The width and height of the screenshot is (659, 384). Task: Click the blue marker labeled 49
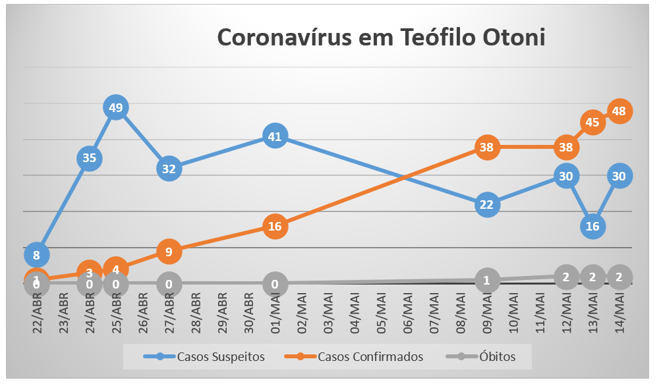click(116, 107)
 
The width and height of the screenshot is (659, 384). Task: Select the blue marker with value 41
click(275, 136)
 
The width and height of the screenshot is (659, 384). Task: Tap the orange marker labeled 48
click(619, 111)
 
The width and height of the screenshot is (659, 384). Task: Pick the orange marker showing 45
click(592, 122)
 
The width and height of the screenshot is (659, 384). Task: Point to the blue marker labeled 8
click(36, 254)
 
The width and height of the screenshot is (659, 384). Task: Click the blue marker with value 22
click(486, 204)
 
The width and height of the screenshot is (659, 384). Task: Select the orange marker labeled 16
click(275, 226)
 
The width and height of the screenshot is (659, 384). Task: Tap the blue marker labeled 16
click(592, 226)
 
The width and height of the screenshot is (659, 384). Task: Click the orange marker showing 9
click(169, 250)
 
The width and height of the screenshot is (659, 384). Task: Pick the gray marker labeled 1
click(486, 279)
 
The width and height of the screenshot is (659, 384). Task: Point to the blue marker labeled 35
click(90, 157)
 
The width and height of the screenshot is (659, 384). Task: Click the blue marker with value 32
click(169, 168)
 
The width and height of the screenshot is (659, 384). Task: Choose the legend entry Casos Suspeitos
click(205, 357)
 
